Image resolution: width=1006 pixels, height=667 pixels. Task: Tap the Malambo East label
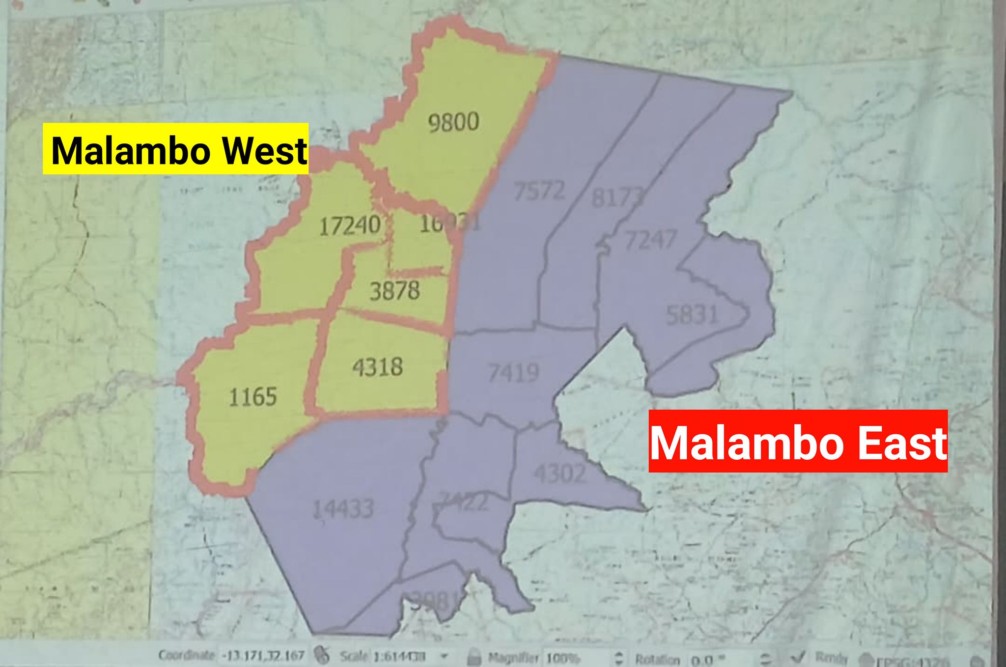point(798,442)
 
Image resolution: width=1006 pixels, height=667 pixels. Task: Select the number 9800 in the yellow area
point(453,122)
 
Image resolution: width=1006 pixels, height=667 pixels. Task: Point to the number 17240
point(349,225)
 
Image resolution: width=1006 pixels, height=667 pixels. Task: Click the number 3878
point(394,291)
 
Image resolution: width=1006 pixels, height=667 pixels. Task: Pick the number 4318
point(377,367)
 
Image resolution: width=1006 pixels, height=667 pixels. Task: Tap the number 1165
point(253,396)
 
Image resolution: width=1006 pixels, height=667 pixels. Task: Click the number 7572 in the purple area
point(539,191)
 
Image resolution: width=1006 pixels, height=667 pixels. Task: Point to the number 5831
point(692,314)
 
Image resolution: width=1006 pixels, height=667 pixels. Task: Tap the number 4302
point(560,473)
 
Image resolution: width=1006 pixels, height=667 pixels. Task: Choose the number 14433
point(343,509)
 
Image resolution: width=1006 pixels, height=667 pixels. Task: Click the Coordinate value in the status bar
point(263,656)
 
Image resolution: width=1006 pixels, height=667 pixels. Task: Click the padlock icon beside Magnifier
point(474,657)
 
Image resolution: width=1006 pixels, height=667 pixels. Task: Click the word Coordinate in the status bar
point(187,655)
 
